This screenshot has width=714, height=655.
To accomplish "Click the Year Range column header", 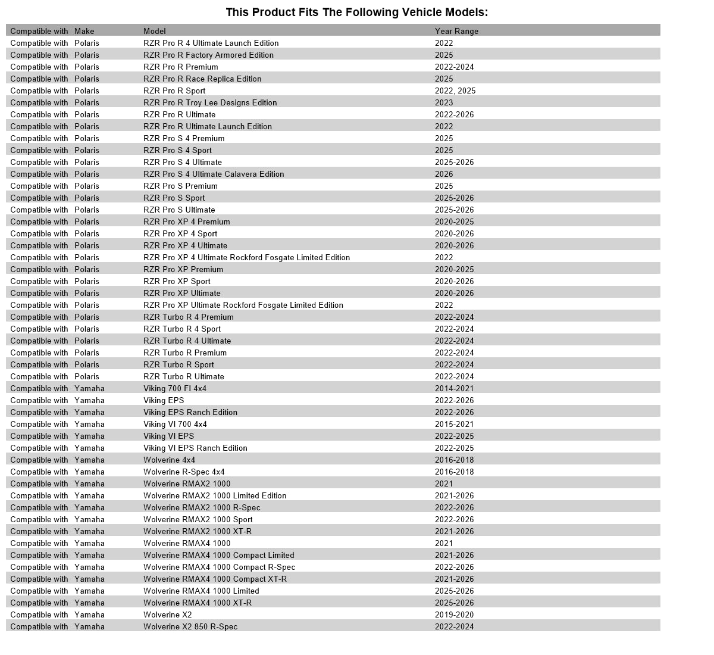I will click(x=456, y=31).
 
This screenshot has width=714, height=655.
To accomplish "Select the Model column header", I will click(x=155, y=31).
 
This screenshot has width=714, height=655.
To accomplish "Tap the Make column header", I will click(x=84, y=31).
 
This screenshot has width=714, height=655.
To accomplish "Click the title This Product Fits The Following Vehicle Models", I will click(x=357, y=13).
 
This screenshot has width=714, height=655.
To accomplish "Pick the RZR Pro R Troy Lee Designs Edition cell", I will click(x=210, y=102).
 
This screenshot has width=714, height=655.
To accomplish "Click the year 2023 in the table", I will click(x=444, y=102).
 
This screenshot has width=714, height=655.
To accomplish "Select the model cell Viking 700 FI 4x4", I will click(x=175, y=388).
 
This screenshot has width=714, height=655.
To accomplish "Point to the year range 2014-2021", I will click(x=454, y=388).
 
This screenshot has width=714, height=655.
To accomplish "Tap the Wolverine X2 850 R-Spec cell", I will click(x=190, y=626).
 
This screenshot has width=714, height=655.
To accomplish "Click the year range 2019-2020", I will click(x=454, y=615).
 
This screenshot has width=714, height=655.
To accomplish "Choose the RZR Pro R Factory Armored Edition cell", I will click(x=208, y=55).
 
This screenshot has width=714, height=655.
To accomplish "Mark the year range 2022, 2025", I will click(x=455, y=91).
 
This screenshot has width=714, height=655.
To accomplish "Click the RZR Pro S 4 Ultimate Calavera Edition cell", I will click(x=214, y=174).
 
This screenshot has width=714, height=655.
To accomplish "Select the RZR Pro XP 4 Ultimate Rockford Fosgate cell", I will click(x=246, y=257).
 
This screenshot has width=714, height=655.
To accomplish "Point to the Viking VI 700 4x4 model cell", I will click(x=175, y=424).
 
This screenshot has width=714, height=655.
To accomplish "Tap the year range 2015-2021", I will click(x=454, y=424).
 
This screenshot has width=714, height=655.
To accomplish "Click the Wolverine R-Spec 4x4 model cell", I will click(x=184, y=472).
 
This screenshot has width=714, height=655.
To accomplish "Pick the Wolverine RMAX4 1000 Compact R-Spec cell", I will click(x=219, y=567).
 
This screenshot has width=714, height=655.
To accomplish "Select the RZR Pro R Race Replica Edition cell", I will click(x=202, y=79).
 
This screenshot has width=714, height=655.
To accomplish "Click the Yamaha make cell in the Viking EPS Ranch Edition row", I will click(x=89, y=412).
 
